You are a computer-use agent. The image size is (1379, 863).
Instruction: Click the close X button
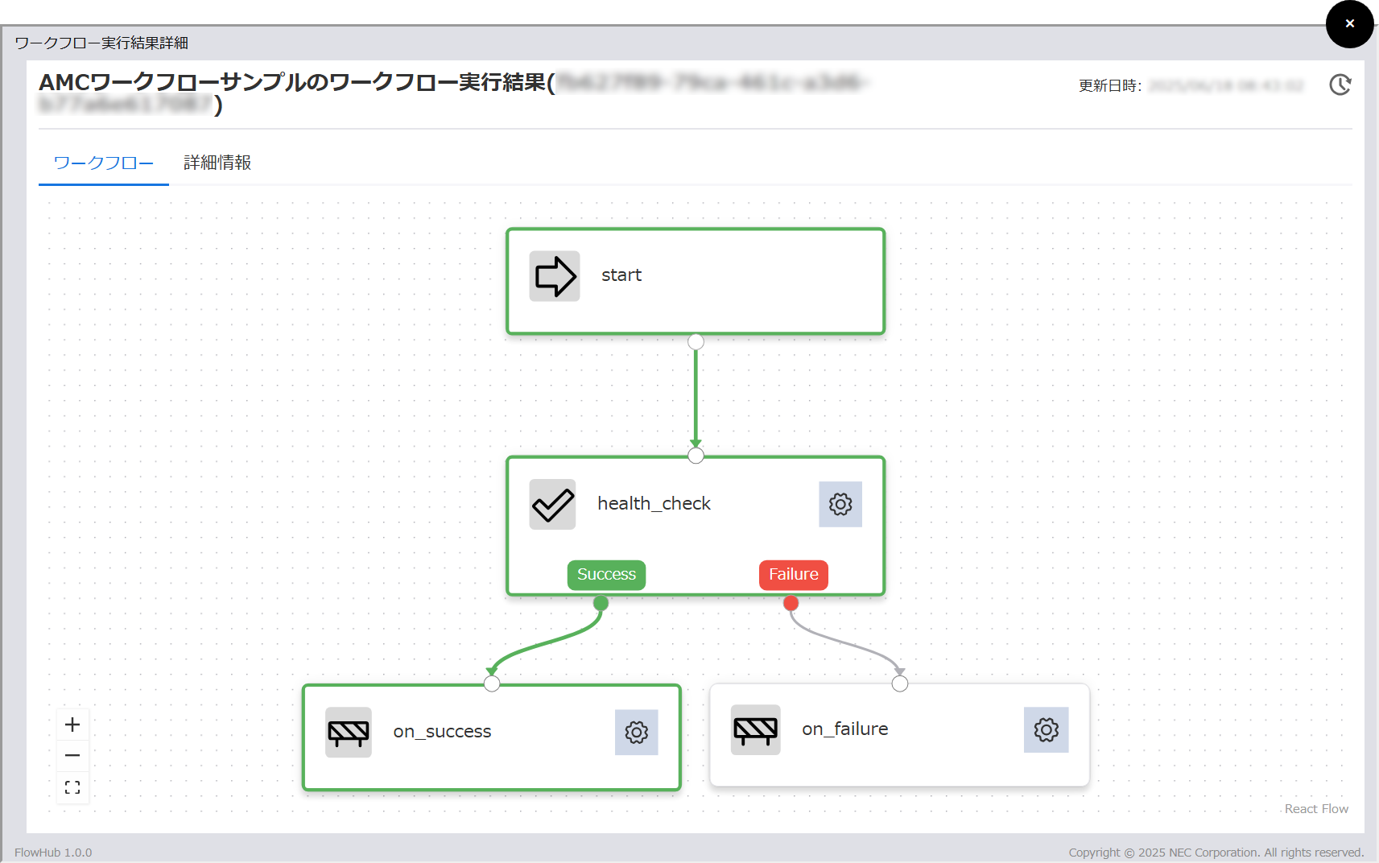click(x=1349, y=24)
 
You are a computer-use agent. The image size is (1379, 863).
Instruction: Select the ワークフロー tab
click(x=104, y=163)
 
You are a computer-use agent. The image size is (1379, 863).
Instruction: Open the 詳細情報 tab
click(x=217, y=163)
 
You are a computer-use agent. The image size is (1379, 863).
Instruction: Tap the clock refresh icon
click(x=1340, y=85)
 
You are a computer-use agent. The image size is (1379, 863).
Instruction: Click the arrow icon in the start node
click(x=555, y=276)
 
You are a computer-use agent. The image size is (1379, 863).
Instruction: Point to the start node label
click(x=621, y=275)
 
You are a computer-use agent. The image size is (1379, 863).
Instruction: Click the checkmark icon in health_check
click(x=552, y=505)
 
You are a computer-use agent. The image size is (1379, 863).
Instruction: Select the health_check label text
click(x=654, y=504)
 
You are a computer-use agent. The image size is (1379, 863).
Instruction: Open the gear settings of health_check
click(x=840, y=505)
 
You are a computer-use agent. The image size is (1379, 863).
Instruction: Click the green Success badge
click(x=606, y=575)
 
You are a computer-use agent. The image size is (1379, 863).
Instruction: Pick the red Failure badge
click(x=793, y=575)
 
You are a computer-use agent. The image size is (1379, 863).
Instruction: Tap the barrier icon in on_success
click(x=349, y=733)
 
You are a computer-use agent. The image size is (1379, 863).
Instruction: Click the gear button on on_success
click(x=636, y=733)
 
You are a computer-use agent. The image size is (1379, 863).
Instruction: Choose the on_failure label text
click(x=845, y=729)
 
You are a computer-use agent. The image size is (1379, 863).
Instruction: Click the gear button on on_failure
click(x=1046, y=730)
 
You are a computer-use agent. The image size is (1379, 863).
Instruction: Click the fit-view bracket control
click(x=72, y=787)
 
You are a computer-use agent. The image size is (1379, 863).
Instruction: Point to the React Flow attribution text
click(x=1316, y=809)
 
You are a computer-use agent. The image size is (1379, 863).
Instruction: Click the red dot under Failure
click(x=791, y=603)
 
